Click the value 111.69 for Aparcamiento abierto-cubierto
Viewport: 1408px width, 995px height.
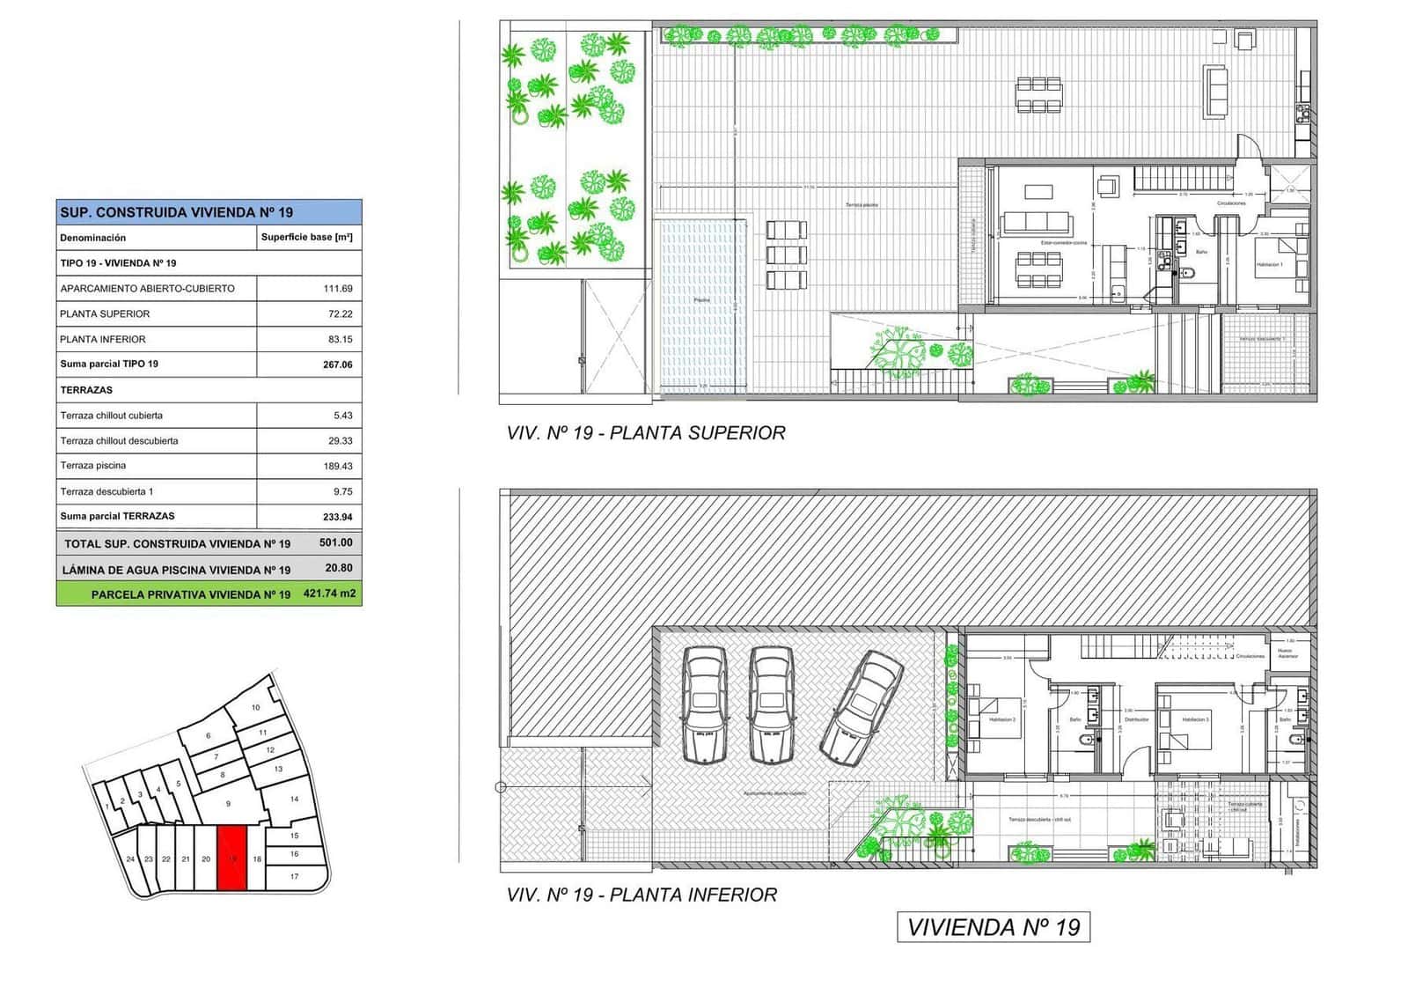point(337,289)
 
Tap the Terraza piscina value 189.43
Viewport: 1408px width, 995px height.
point(337,467)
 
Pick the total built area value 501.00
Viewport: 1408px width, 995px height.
point(335,543)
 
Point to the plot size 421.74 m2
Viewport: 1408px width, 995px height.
point(329,594)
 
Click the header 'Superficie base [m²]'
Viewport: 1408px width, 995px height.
point(306,238)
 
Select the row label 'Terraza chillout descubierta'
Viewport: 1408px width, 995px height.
point(119,441)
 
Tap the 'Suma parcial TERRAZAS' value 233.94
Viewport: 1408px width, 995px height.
point(337,517)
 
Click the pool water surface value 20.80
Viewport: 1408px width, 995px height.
point(339,569)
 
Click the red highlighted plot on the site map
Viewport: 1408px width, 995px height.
point(231,858)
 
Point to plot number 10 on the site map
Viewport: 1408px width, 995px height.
point(256,708)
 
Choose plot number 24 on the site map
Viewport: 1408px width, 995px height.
point(130,859)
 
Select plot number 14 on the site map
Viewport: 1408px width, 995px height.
point(294,800)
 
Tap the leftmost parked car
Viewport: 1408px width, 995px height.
point(704,704)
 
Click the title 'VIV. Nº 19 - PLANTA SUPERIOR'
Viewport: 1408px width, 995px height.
point(645,433)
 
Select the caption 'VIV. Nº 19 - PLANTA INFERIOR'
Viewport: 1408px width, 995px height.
point(642,895)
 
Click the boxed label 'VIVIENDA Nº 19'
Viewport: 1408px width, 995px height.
point(993,927)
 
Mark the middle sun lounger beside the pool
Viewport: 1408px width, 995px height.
point(786,255)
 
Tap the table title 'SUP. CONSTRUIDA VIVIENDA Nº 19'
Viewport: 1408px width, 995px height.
point(176,212)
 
